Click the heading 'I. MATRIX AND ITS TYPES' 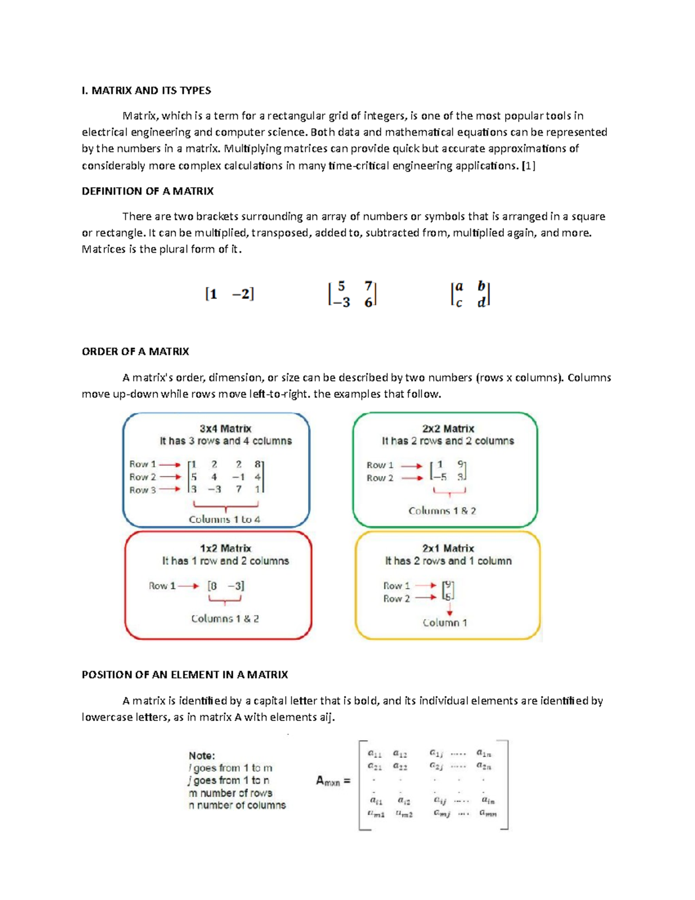[146, 90]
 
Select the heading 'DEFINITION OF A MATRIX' [148, 191]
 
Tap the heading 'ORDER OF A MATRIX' [136, 352]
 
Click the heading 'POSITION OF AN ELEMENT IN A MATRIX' [185, 675]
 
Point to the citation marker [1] [528, 166]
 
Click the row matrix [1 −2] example [229, 294]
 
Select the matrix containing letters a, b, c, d [470, 294]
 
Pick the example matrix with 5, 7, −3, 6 [352, 294]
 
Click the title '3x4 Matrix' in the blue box [225, 429]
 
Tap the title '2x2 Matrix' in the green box [448, 429]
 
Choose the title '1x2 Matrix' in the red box [225, 548]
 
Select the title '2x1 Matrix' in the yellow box [448, 548]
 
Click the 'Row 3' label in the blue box [142, 490]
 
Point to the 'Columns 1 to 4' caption [225, 520]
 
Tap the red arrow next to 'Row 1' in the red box [188, 586]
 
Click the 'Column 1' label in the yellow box [445, 623]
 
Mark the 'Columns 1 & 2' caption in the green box [442, 511]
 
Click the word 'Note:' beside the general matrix [202, 756]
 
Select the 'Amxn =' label [333, 781]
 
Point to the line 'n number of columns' [237, 806]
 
